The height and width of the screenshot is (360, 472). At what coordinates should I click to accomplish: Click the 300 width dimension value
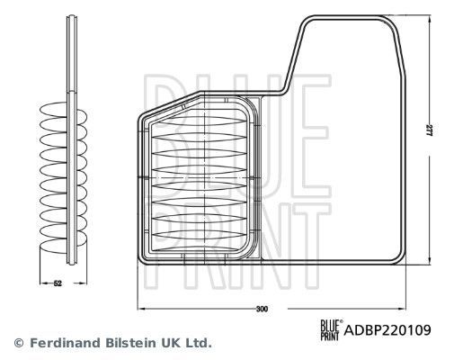point(262,310)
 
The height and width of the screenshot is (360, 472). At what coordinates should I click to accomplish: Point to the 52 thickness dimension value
point(57,283)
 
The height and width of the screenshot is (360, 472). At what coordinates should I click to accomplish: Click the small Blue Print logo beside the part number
point(333,329)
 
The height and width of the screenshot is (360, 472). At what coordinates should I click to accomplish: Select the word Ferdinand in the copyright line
point(66,343)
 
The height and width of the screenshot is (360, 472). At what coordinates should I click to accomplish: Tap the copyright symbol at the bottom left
point(17,343)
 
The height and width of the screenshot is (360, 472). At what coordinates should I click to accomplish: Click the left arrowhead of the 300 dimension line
point(139,309)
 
